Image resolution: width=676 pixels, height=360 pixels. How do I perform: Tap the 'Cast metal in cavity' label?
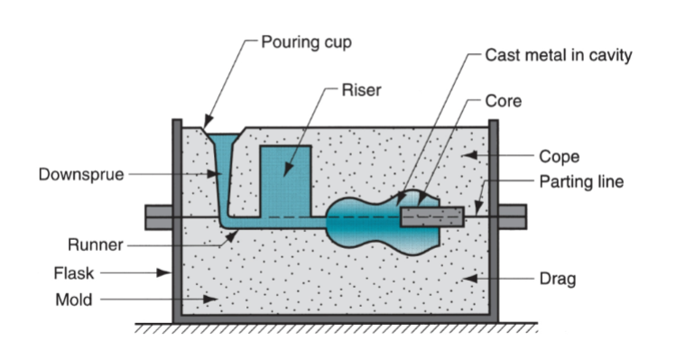pyautogui.click(x=559, y=55)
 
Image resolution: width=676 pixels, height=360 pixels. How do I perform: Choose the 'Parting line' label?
pyautogui.click(x=581, y=181)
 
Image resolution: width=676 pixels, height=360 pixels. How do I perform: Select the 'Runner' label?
pyautogui.click(x=94, y=244)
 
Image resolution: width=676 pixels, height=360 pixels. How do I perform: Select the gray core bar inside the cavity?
pyautogui.click(x=432, y=217)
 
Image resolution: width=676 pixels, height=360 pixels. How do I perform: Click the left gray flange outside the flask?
pyautogui.click(x=158, y=217)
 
